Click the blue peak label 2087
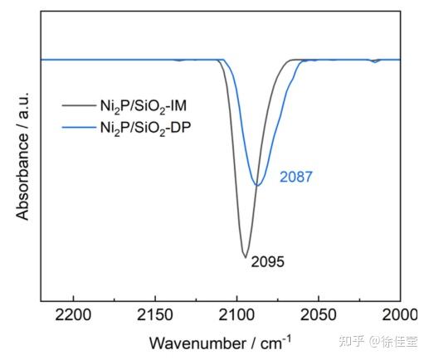click(295, 178)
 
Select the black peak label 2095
click(267, 262)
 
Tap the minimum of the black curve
click(245, 256)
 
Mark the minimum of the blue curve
click(258, 185)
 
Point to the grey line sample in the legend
click(78, 105)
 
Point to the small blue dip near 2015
click(375, 62)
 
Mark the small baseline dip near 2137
click(177, 61)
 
